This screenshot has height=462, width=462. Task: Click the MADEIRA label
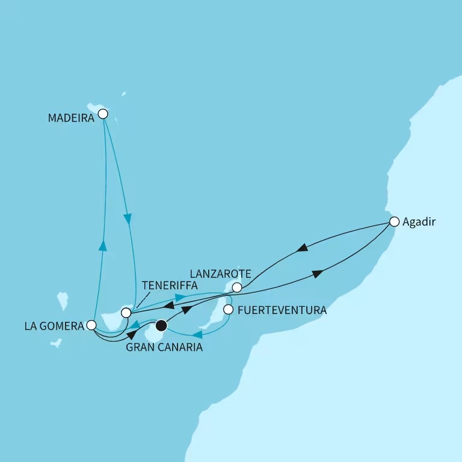click(x=71, y=119)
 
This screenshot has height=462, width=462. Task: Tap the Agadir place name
click(x=419, y=222)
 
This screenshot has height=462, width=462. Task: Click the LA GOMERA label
click(x=55, y=325)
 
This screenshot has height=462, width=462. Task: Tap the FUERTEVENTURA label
click(x=282, y=311)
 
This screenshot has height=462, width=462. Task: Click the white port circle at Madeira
click(x=103, y=114)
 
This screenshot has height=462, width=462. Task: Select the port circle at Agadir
click(x=394, y=221)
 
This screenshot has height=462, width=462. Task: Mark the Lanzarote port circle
click(x=237, y=288)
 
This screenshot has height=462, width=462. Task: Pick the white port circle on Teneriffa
click(x=126, y=313)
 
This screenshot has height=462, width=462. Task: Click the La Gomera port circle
click(x=91, y=325)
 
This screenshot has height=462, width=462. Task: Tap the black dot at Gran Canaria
click(x=161, y=326)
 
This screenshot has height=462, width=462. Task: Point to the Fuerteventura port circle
click(x=228, y=310)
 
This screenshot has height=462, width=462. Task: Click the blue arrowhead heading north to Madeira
click(x=103, y=245)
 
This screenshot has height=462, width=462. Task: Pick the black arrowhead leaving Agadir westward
click(x=303, y=247)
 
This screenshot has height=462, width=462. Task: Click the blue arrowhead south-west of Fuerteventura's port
click(x=197, y=333)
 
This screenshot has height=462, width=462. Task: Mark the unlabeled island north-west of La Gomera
click(x=63, y=301)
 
